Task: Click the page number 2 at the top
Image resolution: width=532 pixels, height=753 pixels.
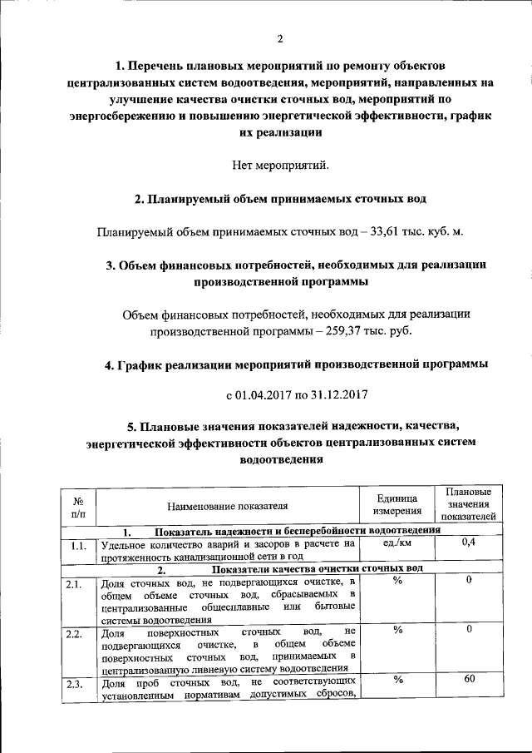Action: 280,38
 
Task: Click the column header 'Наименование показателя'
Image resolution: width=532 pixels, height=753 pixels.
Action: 227,504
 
